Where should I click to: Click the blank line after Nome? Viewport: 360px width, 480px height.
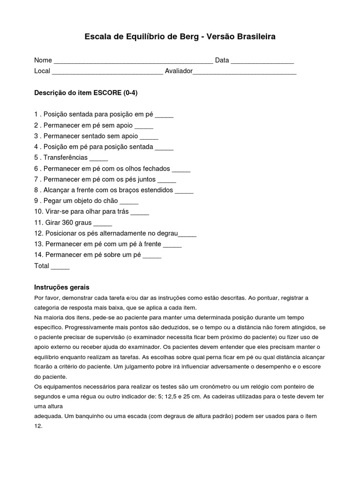click(x=133, y=61)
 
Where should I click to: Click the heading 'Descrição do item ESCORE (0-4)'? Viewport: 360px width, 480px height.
click(x=86, y=93)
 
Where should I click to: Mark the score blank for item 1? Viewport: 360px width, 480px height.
click(x=164, y=115)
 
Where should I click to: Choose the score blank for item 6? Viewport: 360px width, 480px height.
click(x=181, y=169)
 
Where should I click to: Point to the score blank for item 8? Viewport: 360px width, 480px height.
click(x=184, y=190)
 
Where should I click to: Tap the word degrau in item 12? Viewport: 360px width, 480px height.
click(x=167, y=233)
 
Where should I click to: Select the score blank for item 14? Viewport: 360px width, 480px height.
click(x=152, y=255)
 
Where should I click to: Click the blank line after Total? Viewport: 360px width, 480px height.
click(x=60, y=266)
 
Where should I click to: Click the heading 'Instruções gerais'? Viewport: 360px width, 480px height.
click(x=62, y=287)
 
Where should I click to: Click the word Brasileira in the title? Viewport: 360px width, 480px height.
click(x=253, y=36)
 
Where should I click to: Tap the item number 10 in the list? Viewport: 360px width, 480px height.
click(x=38, y=212)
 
